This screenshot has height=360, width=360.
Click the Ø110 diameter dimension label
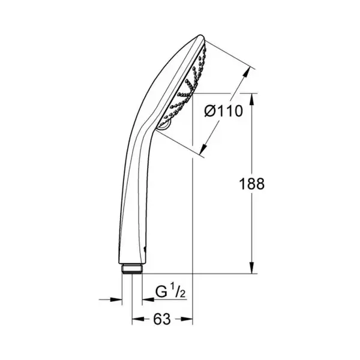223,112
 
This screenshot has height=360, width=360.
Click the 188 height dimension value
252,184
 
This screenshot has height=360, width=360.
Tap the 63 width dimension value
162,319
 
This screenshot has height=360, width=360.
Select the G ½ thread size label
170,292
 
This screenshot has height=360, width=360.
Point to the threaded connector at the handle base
132,269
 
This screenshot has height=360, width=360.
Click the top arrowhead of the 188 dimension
252,99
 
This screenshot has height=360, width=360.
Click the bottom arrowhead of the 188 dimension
252,268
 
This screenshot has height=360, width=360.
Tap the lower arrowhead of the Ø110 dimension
203,149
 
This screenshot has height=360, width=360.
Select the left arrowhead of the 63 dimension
138,319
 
